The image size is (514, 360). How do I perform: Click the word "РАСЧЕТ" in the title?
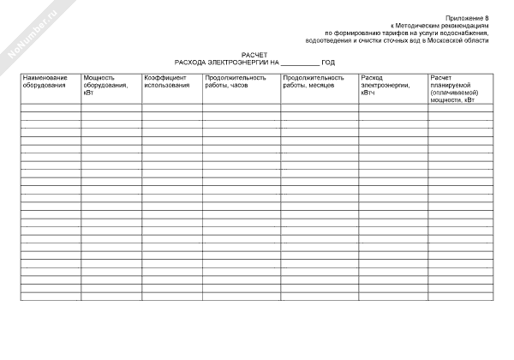pos(254,55)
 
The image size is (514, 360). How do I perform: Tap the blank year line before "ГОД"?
pos(300,63)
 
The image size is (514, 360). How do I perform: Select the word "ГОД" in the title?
pos(328,63)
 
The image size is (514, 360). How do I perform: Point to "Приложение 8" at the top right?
pos(469,18)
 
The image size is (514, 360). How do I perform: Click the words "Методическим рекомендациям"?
pos(451,26)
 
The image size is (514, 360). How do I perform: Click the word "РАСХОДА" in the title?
pos(189,63)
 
